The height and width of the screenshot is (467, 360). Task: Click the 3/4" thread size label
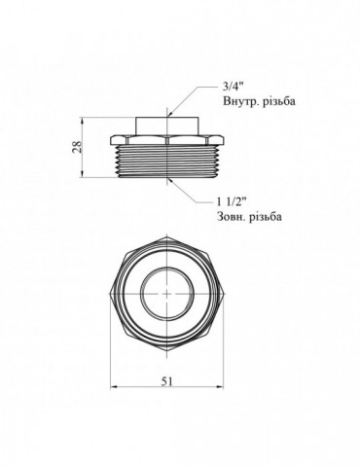tap(233, 87)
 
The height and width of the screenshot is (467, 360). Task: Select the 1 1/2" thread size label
tap(232, 202)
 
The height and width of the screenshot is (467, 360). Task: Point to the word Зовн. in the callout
tap(231, 217)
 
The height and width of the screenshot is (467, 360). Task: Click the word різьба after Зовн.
tap(265, 217)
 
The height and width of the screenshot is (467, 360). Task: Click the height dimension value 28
tap(77, 148)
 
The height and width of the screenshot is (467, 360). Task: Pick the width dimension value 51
tap(166, 381)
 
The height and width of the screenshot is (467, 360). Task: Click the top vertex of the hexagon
tap(166, 236)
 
